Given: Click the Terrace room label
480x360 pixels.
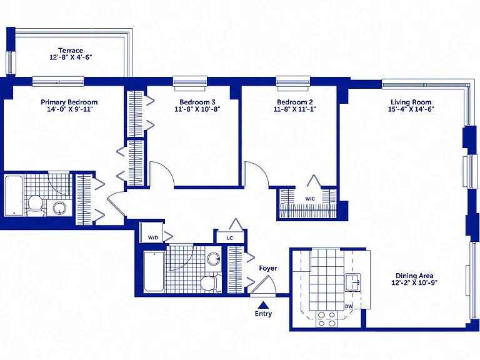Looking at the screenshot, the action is click(71, 51).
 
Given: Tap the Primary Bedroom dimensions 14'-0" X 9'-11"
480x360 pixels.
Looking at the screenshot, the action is click(69, 109).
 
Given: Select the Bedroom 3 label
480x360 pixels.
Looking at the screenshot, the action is click(197, 102).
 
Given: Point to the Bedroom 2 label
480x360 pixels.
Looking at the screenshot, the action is click(295, 102).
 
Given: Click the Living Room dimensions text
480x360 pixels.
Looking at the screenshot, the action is click(411, 109).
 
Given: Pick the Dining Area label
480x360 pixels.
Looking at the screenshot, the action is click(414, 276).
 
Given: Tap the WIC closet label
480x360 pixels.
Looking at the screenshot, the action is click(310, 199).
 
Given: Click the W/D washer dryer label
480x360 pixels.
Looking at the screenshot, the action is click(153, 237).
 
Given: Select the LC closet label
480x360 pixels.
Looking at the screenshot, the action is click(230, 238).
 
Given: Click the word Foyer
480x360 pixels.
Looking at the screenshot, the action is click(268, 268).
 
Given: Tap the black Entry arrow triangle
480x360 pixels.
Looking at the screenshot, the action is click(263, 304).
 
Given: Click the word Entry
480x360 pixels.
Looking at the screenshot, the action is click(263, 314).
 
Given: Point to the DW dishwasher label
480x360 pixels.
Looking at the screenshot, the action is click(349, 306).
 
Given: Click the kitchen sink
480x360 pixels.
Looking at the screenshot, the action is click(353, 282).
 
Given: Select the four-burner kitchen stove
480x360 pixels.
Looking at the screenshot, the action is click(326, 319).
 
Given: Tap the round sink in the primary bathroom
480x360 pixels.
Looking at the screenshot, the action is click(59, 208).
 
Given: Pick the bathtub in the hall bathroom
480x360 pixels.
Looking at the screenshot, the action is click(154, 271).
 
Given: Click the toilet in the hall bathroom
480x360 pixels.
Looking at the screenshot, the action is click(211, 282).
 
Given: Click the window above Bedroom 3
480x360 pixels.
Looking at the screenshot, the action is click(190, 83).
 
